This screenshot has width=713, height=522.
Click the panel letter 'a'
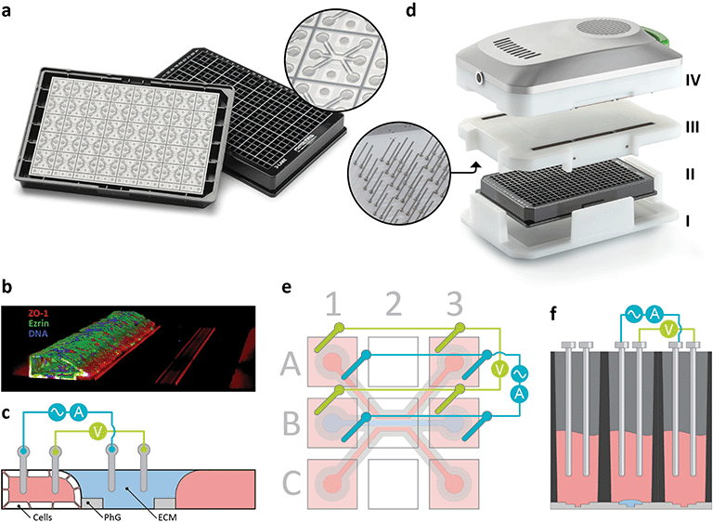[x=11, y=11]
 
